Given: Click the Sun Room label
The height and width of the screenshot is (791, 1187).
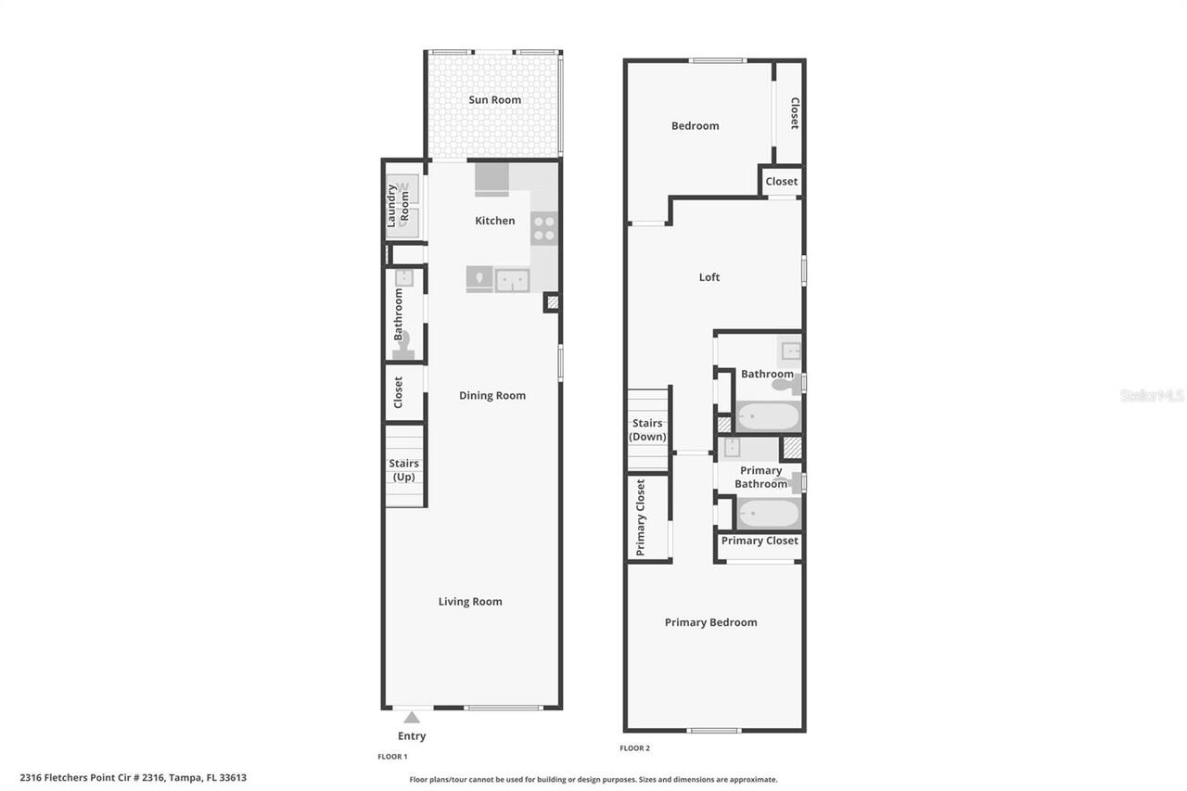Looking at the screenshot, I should tap(494, 100).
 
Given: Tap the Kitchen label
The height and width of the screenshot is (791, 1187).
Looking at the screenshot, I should tap(494, 221).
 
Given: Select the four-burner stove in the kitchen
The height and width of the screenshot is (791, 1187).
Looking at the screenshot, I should tap(544, 228).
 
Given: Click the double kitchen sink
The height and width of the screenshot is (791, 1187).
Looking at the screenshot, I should tap(512, 279).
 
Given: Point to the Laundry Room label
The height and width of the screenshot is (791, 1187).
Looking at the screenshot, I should tap(398, 205).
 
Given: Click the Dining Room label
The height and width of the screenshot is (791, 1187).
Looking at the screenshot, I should tap(492, 396).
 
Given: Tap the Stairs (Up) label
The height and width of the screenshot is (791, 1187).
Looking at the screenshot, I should tap(403, 470).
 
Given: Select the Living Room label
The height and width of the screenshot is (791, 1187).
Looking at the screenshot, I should tap(470, 602).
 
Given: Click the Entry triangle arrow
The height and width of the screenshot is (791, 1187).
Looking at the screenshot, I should tap(412, 717).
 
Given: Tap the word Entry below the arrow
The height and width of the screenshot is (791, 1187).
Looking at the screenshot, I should tap(412, 736).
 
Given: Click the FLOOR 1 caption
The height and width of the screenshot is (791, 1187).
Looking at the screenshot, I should tap(392, 757).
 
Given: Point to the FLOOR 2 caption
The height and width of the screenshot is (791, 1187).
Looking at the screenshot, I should tap(635, 748).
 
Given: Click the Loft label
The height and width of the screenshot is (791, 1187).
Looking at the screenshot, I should tap(709, 277).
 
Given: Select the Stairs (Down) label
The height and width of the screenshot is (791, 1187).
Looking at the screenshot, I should tap(647, 430).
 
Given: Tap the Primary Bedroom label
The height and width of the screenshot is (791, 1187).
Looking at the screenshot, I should tap(711, 623).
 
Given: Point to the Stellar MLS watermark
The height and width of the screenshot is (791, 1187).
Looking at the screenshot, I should tap(1152, 396).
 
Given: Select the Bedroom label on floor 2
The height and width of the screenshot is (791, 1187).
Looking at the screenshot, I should tap(696, 126).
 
